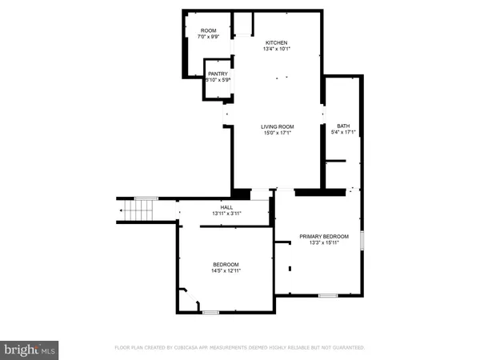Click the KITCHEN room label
276,42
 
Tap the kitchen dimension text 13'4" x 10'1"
276,50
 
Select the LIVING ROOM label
278,126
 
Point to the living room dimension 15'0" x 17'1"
278,133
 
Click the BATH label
343,126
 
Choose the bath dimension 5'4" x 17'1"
343,133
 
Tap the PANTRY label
218,74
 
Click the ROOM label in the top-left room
208,30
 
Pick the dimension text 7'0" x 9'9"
208,37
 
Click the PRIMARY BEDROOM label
324,236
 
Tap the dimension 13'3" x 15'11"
324,243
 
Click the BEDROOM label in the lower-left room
226,264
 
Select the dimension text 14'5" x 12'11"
226,271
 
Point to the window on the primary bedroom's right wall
362,240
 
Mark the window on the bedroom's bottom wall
210,312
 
